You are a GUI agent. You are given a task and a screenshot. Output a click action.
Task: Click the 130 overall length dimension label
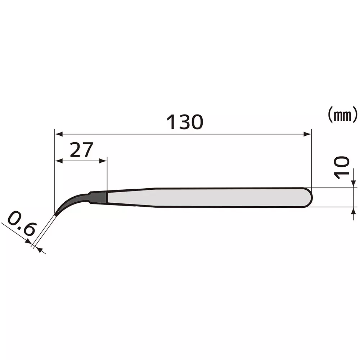pyautogui.click(x=185, y=122)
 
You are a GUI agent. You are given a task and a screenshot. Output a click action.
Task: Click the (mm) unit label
pyautogui.click(x=342, y=115)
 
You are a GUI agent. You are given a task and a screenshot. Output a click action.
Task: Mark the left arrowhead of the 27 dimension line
pyautogui.click(x=58, y=161)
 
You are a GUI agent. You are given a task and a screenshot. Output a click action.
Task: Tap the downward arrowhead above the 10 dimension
pyautogui.click(x=353, y=184)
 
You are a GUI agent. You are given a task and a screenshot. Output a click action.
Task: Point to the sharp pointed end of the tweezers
pyautogui.click(x=56, y=215)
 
